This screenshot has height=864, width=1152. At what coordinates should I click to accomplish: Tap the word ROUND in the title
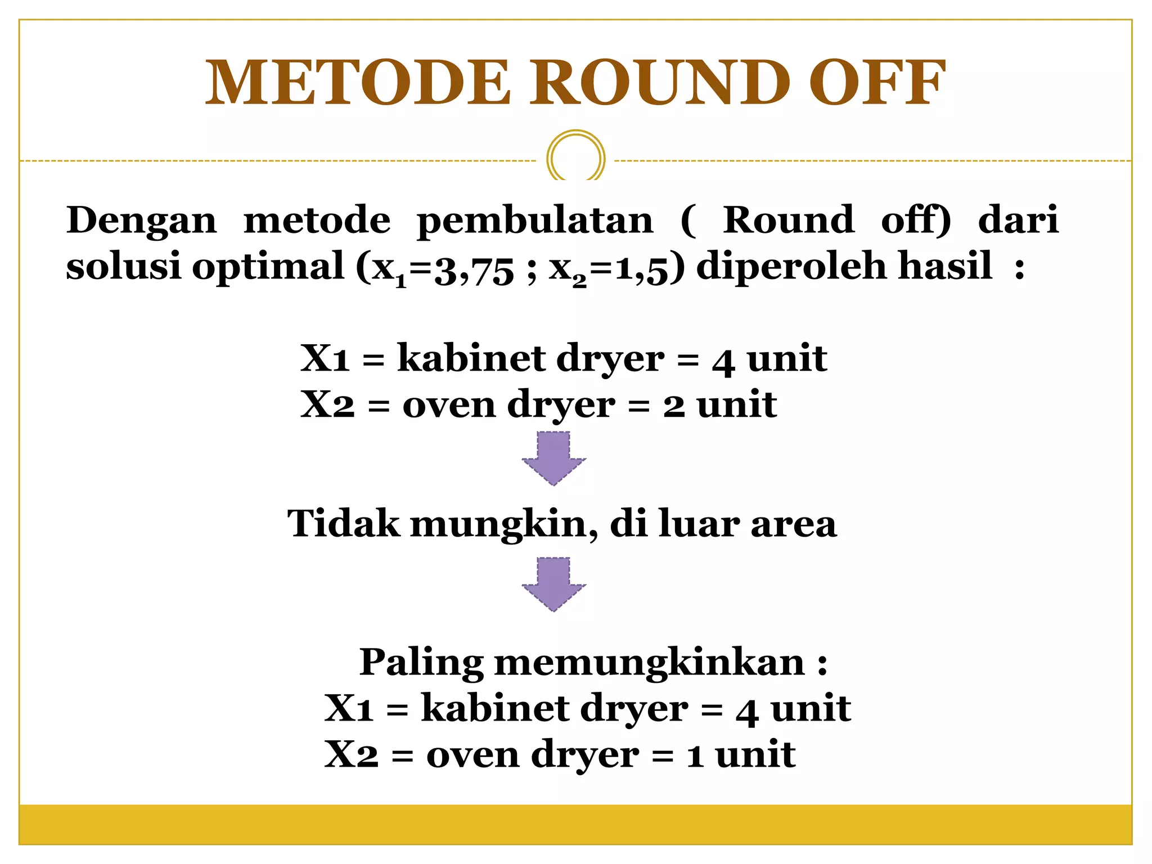(x=660, y=83)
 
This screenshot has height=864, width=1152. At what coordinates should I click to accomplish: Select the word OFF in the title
(x=877, y=83)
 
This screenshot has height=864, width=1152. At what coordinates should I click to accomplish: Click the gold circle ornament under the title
(x=575, y=158)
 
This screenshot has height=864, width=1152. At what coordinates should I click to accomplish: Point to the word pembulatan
(x=535, y=221)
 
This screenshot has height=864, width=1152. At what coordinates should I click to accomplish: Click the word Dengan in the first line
(x=141, y=221)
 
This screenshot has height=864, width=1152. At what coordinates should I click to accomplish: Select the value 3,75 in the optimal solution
(x=474, y=268)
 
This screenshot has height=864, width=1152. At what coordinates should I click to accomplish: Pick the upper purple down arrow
(x=554, y=458)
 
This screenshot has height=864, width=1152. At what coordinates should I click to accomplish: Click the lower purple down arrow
(x=554, y=584)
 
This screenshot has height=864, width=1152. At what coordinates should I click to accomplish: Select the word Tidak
(x=343, y=524)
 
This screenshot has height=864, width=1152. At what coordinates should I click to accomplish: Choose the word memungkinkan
(x=649, y=663)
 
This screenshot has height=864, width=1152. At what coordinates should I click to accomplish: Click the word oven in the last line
(x=472, y=755)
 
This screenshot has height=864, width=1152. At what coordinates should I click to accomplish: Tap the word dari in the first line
(x=1018, y=220)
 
